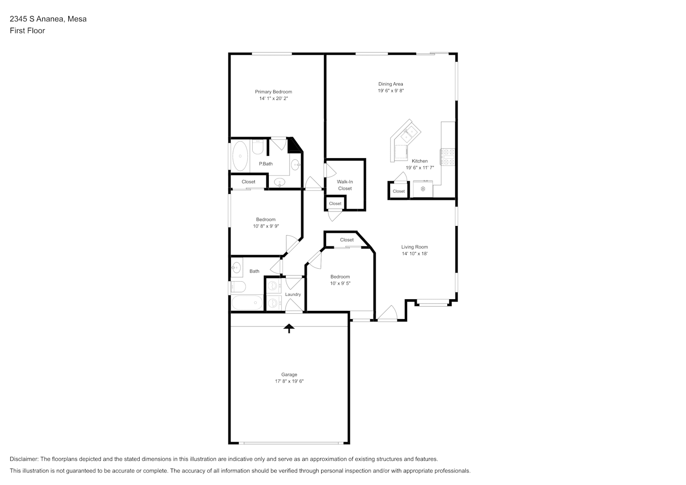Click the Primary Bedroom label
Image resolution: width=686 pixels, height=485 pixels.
click(273, 92)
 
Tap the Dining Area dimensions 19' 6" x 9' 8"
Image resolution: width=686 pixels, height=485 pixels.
click(391, 91)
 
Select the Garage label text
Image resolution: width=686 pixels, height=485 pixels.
click(289, 374)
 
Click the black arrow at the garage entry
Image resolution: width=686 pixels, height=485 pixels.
click(289, 328)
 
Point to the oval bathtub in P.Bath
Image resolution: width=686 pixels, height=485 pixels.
click(240, 156)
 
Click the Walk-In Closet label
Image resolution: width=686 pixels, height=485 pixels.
click(345, 185)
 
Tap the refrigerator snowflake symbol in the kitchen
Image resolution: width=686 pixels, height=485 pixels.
click(423, 189)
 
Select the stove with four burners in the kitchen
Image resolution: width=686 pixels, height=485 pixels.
click(448, 157)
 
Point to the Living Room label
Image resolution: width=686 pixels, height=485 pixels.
click(414, 247)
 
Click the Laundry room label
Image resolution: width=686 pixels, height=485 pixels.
click(293, 294)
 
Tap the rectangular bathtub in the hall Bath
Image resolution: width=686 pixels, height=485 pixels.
click(247, 303)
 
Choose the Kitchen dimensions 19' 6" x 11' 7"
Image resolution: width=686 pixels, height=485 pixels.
click(420, 168)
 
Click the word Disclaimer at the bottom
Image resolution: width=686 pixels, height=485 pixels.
click(24, 459)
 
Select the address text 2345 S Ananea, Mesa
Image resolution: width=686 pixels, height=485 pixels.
click(48, 19)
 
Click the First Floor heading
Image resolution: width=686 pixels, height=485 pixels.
click(27, 31)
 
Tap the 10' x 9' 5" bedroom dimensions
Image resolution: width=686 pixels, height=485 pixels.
click(340, 284)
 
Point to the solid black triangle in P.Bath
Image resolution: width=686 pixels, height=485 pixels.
click(294, 146)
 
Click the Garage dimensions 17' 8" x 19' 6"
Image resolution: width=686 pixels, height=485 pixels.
click(289, 381)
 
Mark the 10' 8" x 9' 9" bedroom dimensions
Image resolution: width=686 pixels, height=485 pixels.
click(266, 226)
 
